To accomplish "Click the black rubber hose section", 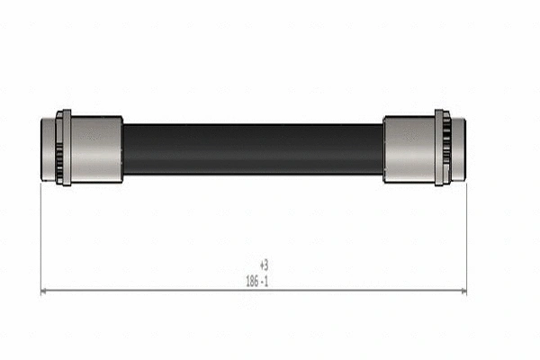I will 252,148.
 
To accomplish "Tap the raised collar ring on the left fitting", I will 64,148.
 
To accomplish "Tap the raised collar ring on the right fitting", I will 440,148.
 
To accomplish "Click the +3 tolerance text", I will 264,265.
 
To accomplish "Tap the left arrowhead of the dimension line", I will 45,292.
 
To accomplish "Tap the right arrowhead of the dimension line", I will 463,292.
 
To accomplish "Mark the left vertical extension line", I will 41,234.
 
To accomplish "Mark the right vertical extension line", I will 467,234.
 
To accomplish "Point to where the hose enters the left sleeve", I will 123,148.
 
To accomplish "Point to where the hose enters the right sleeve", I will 383,148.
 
